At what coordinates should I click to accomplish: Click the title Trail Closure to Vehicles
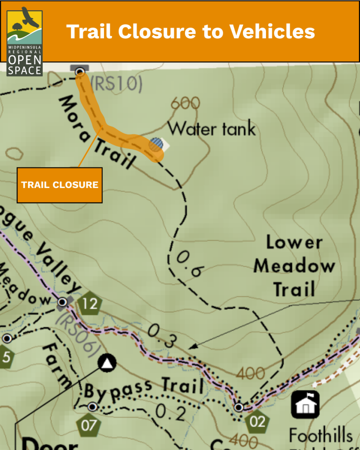(x=190, y=31)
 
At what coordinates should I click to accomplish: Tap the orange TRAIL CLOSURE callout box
(x=59, y=185)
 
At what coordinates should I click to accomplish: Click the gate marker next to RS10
(x=80, y=71)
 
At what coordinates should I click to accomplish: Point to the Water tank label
(x=211, y=129)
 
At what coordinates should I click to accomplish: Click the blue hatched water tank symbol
(x=156, y=144)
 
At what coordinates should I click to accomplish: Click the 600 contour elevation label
(x=185, y=104)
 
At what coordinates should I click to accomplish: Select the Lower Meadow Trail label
(x=293, y=266)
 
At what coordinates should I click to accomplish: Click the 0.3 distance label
(x=162, y=336)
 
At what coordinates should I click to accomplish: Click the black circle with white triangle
(x=107, y=363)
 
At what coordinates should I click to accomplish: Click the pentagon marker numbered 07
(x=88, y=424)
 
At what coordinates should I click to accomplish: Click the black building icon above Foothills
(x=305, y=404)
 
